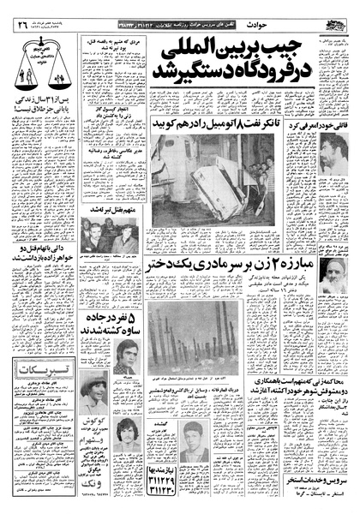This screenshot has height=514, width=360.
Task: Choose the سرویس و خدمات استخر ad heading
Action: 321,481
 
